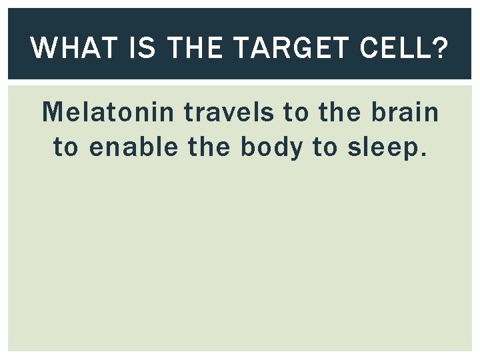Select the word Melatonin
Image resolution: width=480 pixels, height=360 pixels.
(109, 113)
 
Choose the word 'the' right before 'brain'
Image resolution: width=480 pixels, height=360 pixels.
(339, 113)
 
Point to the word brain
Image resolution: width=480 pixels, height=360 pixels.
(404, 113)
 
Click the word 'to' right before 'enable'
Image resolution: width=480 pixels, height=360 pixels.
(66, 147)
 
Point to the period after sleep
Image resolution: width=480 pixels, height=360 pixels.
(421, 155)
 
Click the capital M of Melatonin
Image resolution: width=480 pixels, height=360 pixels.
(51, 113)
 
